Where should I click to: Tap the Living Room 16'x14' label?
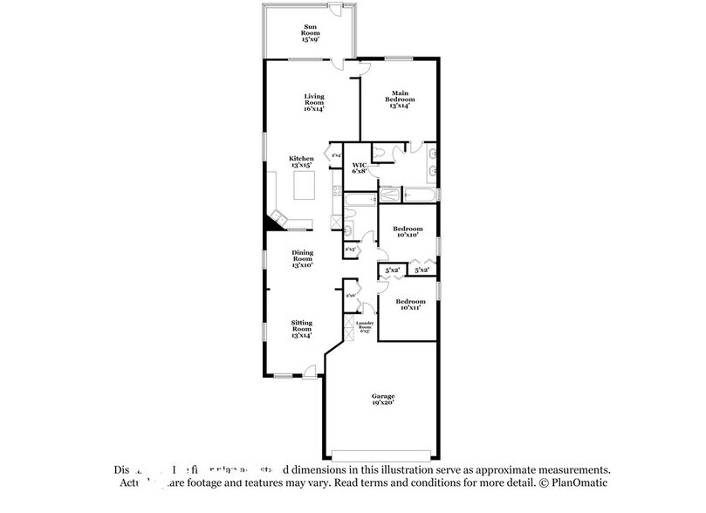[314, 103]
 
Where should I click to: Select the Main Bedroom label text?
[401, 98]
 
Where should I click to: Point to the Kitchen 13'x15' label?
[302, 161]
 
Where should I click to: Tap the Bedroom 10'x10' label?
[407, 231]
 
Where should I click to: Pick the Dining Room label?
[302, 258]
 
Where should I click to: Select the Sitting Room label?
[302, 328]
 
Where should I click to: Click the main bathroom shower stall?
[390, 194]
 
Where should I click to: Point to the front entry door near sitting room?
[310, 374]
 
